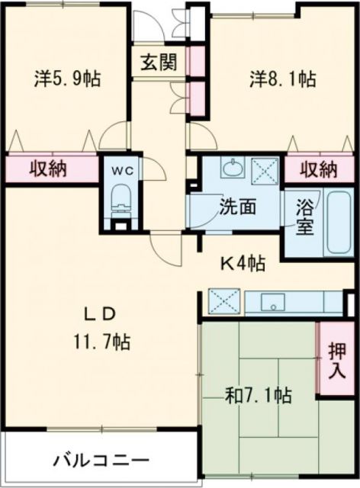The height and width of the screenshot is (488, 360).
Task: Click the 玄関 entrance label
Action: point(158,62)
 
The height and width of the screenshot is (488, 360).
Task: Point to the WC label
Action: point(123,172)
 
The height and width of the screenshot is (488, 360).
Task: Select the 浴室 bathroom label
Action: point(305,218)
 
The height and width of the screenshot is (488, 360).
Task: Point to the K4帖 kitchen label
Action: point(243,264)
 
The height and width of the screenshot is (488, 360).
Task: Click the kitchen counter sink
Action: point(272,303)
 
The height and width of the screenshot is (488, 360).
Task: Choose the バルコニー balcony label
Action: point(101,460)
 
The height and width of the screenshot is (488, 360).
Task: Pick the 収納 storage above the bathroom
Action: point(317,168)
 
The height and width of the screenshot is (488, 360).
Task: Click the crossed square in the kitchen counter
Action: point(224,302)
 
